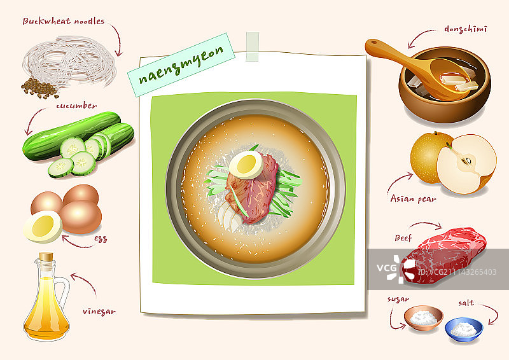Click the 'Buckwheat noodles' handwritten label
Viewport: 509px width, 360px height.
(x=64, y=21)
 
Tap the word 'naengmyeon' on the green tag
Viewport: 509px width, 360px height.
(x=181, y=65)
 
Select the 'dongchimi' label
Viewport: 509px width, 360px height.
(x=466, y=29)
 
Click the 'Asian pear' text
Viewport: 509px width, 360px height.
(x=413, y=198)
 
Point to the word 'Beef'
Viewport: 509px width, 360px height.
(x=403, y=238)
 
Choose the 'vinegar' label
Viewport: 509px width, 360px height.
(x=99, y=312)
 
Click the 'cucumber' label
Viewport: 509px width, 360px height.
(x=76, y=106)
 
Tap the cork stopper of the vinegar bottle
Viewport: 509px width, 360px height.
(x=46, y=257)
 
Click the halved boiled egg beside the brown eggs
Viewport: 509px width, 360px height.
(x=43, y=226)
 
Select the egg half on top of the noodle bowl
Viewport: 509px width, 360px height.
(x=246, y=165)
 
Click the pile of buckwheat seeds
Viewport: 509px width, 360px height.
(x=39, y=88)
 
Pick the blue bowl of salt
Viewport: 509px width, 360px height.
(x=464, y=329)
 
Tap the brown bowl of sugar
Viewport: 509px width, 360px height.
(x=423, y=318)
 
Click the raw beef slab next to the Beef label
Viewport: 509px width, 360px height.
(x=443, y=256)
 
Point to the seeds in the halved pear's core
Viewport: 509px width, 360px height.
(x=468, y=161)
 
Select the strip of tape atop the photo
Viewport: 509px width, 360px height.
(x=252, y=46)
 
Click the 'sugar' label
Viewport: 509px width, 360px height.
(x=398, y=300)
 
